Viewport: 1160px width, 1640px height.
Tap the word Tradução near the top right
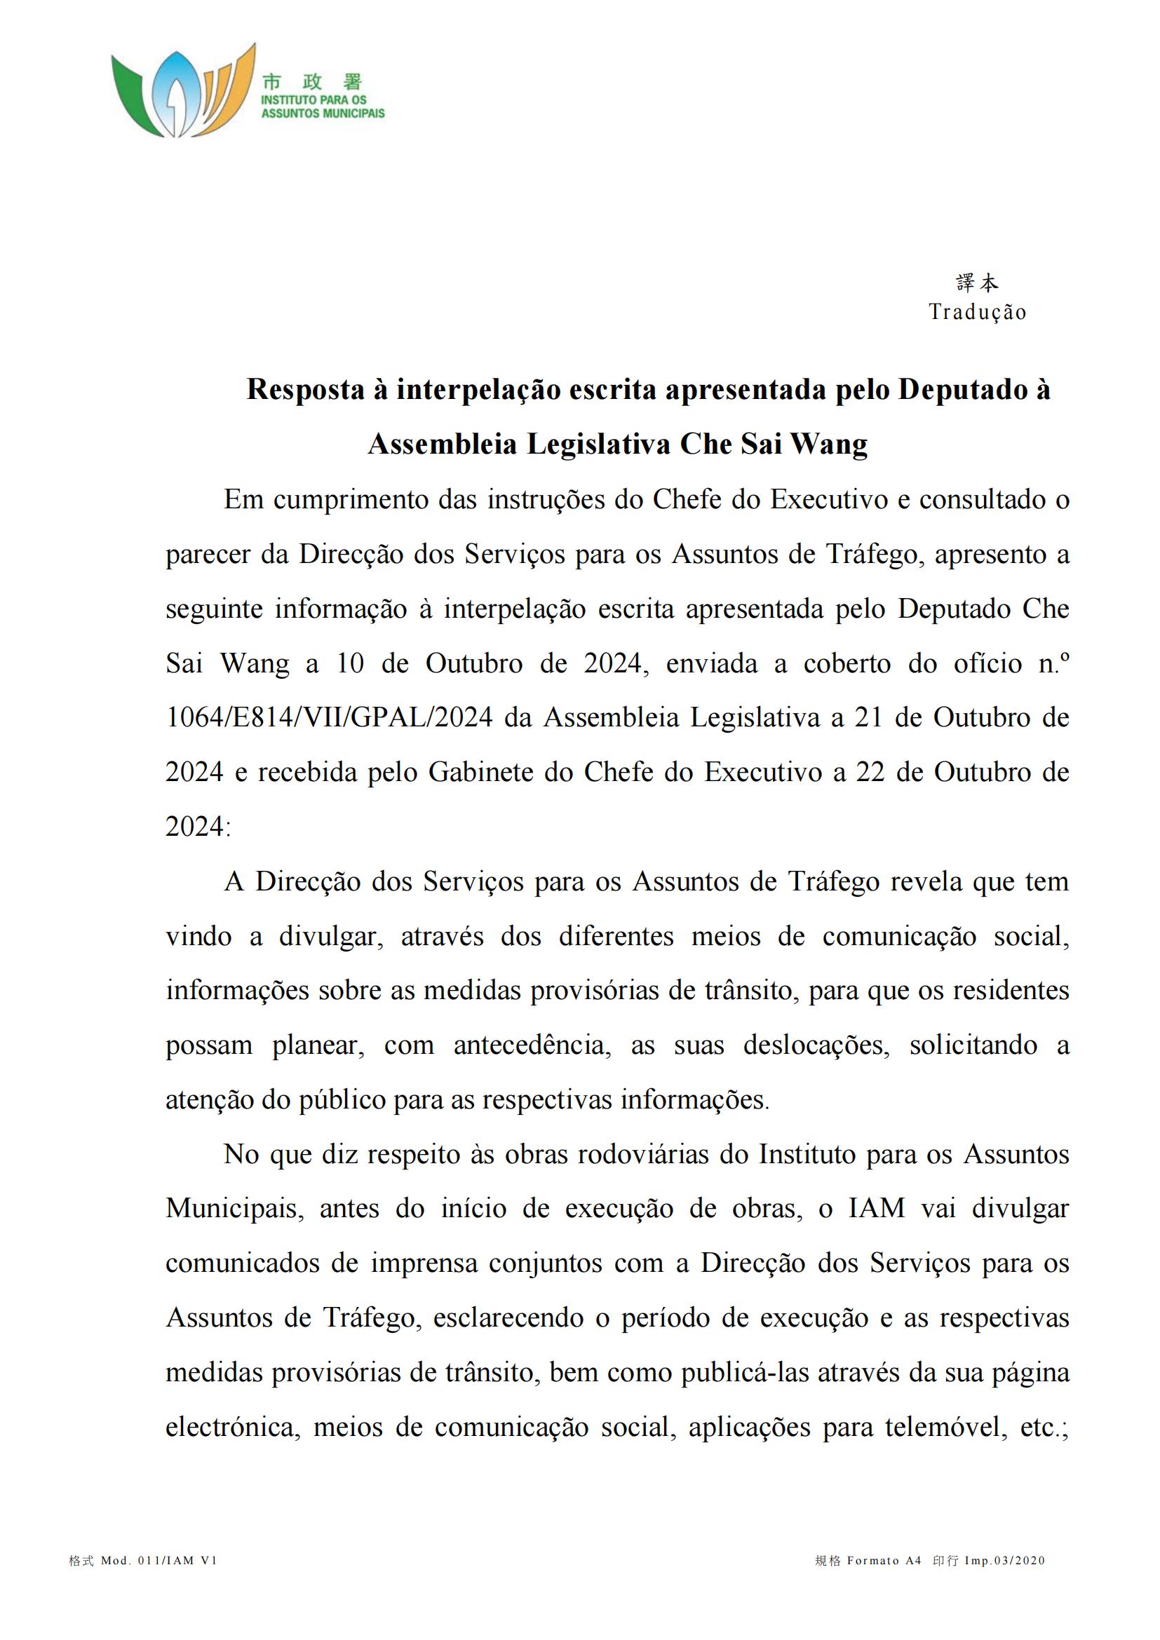(977, 312)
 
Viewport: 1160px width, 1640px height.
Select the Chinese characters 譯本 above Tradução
(977, 283)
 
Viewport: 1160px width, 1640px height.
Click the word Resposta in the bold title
(306, 390)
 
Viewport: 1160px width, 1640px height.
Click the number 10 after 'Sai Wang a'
(350, 663)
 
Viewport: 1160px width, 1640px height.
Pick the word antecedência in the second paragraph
(532, 1045)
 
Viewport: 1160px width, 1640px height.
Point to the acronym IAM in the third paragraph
(877, 1209)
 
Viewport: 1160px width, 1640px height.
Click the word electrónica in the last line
(233, 1427)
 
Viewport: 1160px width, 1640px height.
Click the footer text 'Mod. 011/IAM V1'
(159, 1561)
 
